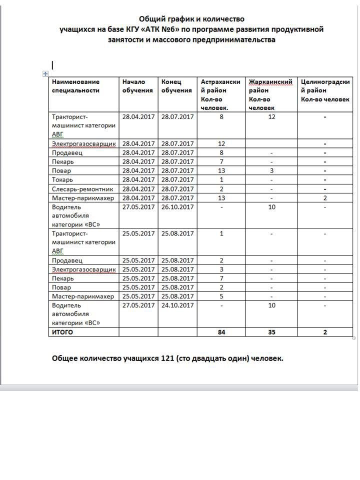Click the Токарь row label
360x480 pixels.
tap(62, 180)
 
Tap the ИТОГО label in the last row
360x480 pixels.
tap(62, 332)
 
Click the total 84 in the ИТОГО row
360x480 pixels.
tap(221, 332)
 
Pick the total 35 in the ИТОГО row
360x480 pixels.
tap(271, 332)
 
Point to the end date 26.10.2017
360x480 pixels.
tap(177, 207)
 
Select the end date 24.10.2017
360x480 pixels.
tap(177, 305)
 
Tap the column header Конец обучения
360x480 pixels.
tap(176, 86)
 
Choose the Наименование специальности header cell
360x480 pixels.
tap(76, 86)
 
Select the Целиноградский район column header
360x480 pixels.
tap(325, 90)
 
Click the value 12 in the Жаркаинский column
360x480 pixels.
tap(271, 117)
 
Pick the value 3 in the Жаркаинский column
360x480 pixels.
tap(271, 171)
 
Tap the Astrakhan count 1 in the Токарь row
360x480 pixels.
tap(221, 180)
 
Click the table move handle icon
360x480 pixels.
tap(45, 73)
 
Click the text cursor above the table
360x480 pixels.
tap(52, 65)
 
